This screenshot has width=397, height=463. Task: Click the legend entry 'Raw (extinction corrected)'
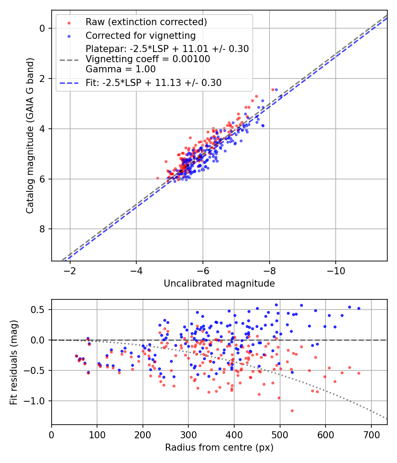146,22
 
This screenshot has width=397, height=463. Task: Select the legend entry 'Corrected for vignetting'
140,35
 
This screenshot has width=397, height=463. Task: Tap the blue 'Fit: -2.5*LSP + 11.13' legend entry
154,82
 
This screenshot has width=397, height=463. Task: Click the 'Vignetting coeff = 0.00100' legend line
148,59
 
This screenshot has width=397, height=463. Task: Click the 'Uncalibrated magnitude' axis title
219,283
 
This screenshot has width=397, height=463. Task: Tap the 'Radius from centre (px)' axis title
219,448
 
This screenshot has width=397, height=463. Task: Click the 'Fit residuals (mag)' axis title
14,362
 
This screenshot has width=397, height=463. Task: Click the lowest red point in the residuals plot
292,411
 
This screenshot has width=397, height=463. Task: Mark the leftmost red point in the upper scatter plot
157,178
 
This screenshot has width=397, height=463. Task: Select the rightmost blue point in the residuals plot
359,308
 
